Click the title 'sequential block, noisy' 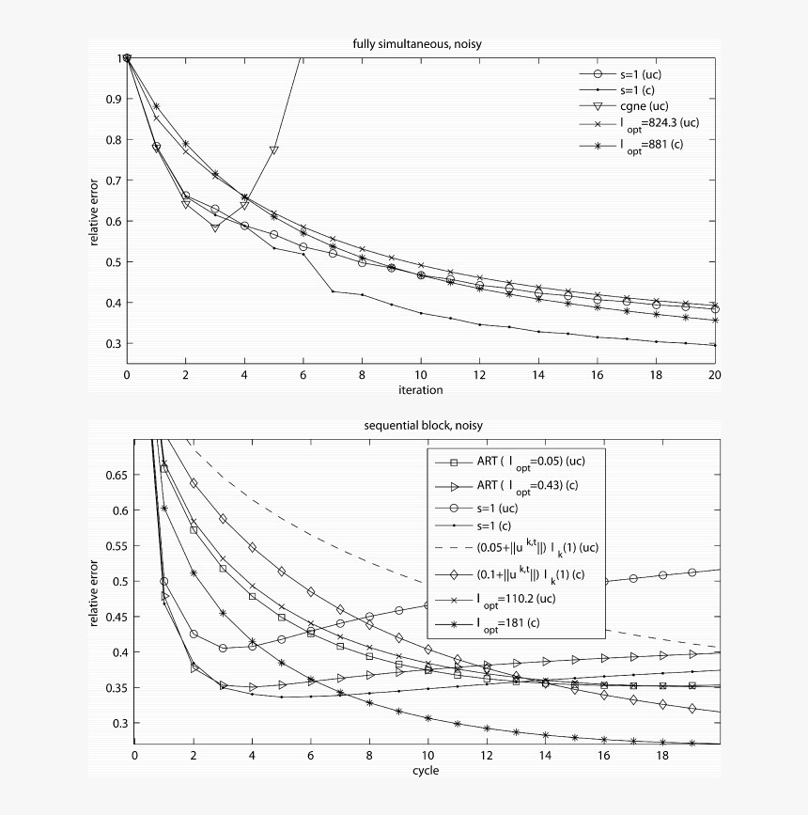click(x=423, y=426)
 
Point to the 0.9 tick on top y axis click(x=113, y=99)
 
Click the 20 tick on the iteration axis click(x=714, y=376)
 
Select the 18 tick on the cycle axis click(x=662, y=757)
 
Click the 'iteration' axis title click(x=420, y=389)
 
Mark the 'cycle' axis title click(x=425, y=770)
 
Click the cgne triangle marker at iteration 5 click(x=274, y=150)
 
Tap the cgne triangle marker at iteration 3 click(x=215, y=227)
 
